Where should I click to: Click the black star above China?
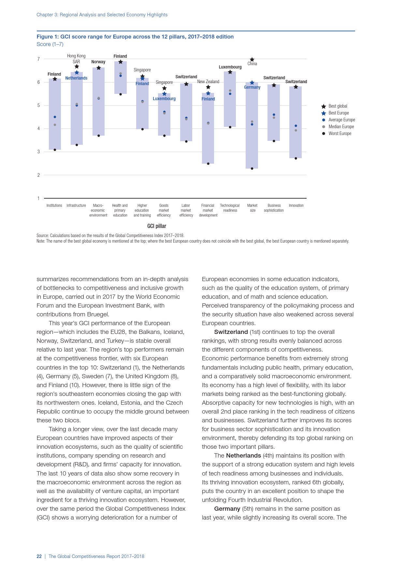pyautogui.click(x=252, y=60)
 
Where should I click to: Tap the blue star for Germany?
pyautogui.click(x=252, y=83)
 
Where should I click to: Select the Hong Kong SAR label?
pyautogui.click(x=76, y=59)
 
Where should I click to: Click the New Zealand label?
pyautogui.click(x=208, y=82)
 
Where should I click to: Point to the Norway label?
pyautogui.click(x=98, y=62)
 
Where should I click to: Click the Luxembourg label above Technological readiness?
pyautogui.click(x=230, y=67)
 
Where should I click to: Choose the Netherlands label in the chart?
pyautogui.click(x=76, y=78)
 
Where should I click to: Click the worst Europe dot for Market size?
pyautogui.click(x=252, y=169)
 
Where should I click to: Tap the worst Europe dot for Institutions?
pyautogui.click(x=55, y=150)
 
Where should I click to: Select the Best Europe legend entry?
pyautogui.click(x=338, y=113)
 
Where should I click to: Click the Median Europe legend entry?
pyautogui.click(x=341, y=127)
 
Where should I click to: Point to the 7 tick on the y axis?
pyautogui.click(x=38, y=59)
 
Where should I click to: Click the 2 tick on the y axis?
pyautogui.click(x=38, y=175)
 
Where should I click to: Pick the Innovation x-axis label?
pyautogui.click(x=296, y=206)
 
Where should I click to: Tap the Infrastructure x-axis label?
pyautogui.click(x=76, y=206)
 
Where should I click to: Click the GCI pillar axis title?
pyautogui.click(x=157, y=226)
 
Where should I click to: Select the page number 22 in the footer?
pyautogui.click(x=39, y=556)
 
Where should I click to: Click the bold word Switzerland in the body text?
pyautogui.click(x=231, y=332)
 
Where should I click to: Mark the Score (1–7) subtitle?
pyautogui.click(x=50, y=44)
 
